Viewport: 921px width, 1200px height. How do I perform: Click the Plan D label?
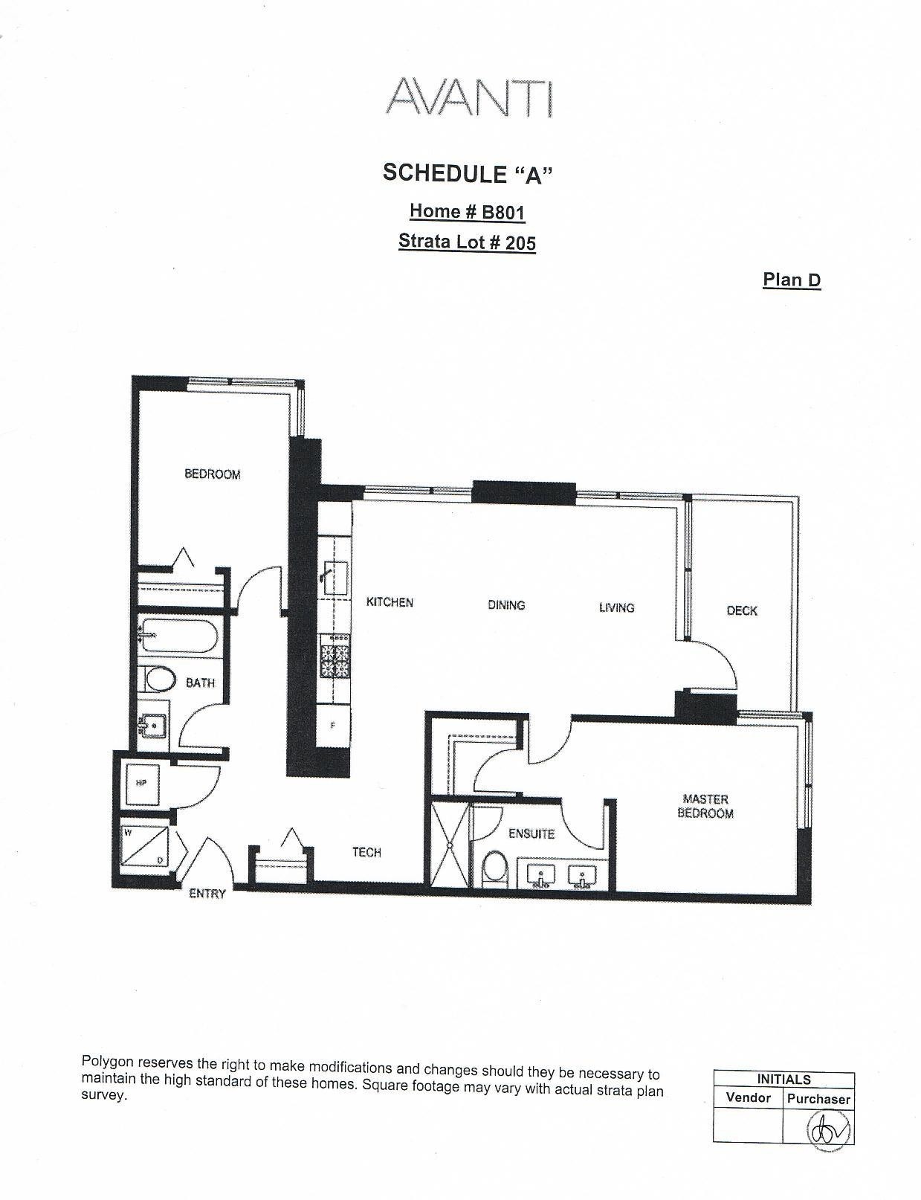792,280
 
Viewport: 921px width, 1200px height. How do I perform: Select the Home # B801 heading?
467,211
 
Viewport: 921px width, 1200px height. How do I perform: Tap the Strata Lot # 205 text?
467,242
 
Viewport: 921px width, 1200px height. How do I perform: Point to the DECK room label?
742,610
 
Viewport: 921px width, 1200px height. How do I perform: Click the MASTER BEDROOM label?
705,806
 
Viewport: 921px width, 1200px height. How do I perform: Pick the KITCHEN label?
390,602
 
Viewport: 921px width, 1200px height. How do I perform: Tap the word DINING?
506,605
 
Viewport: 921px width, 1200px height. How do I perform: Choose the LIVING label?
616,607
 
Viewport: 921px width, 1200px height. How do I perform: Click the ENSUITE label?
531,833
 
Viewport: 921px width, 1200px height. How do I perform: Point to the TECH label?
366,852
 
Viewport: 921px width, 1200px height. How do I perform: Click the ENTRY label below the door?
207,893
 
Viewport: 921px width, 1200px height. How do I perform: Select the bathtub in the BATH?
179,636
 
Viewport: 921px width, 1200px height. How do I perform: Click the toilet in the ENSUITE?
494,868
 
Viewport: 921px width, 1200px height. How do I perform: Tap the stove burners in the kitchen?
335,660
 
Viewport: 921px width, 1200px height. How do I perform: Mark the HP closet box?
142,784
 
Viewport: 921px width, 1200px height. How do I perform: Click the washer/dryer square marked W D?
144,847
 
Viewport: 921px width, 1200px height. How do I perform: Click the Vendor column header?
748,1097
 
